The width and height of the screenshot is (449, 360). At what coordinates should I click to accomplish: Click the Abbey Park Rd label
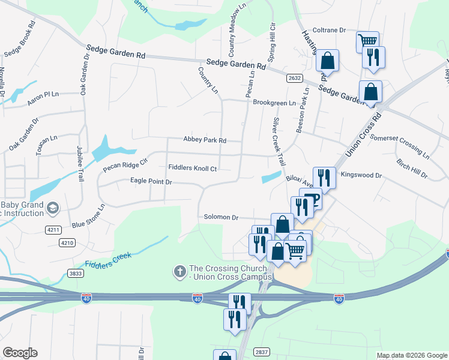click(205, 140)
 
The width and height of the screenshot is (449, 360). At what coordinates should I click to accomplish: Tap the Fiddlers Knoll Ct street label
click(192, 169)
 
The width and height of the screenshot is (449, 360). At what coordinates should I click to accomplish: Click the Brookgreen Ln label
click(274, 103)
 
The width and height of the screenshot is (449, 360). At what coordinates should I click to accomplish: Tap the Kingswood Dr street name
click(361, 175)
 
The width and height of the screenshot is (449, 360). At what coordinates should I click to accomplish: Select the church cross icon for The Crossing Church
click(179, 272)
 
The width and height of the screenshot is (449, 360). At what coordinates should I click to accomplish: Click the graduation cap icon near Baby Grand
click(52, 208)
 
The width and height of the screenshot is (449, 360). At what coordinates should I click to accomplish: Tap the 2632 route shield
click(294, 78)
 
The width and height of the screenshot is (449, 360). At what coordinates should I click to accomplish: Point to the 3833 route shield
click(76, 273)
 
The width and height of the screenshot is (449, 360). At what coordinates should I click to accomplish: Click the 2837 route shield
click(261, 352)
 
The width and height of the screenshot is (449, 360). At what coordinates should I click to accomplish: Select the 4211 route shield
click(53, 229)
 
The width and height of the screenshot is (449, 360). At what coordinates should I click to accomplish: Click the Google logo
click(20, 353)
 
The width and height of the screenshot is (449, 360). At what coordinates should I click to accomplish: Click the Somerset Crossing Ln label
click(400, 146)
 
